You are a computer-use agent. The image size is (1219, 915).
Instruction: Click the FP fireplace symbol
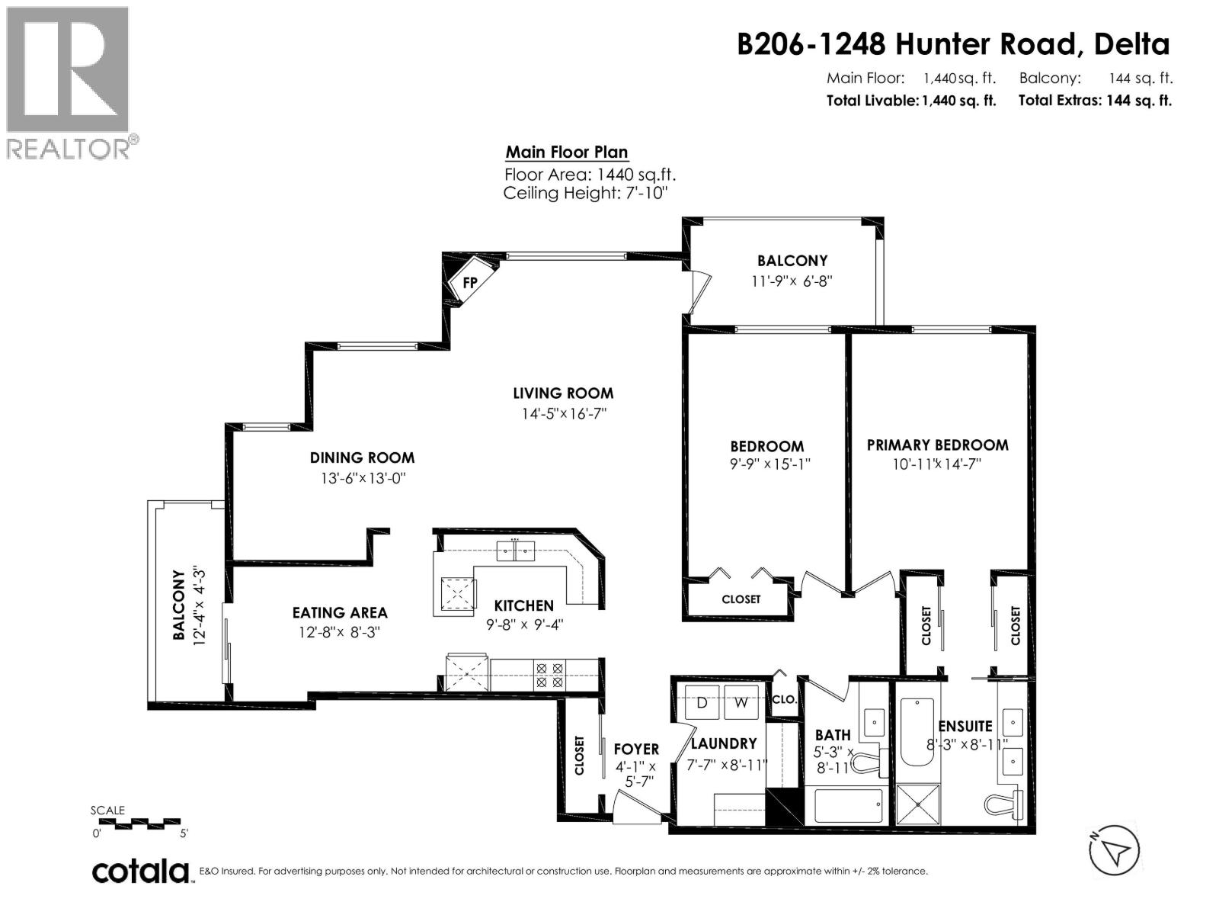click(469, 282)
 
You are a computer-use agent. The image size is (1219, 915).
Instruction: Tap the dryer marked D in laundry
click(702, 702)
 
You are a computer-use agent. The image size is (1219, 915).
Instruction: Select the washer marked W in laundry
click(741, 702)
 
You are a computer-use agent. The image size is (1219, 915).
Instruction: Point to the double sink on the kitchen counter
click(516, 550)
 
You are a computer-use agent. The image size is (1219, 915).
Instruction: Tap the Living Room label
click(562, 393)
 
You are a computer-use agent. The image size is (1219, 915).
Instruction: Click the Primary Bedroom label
click(937, 445)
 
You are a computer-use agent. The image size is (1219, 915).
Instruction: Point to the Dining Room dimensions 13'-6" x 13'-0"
click(362, 479)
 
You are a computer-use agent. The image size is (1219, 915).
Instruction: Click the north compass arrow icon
click(1114, 849)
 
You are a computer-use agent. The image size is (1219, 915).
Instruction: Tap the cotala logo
click(140, 871)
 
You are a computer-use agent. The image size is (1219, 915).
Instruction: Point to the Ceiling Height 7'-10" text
click(585, 193)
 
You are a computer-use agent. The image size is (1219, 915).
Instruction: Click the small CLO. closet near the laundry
click(783, 699)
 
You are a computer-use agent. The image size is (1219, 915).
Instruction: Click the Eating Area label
click(340, 612)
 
